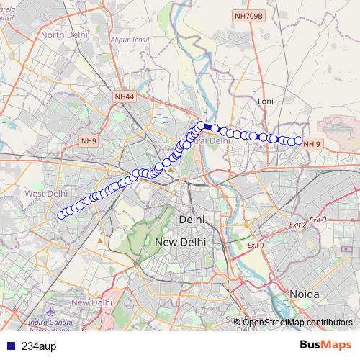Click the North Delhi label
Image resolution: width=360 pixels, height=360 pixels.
[x=63, y=34]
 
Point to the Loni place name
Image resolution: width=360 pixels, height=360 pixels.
[x=266, y=102]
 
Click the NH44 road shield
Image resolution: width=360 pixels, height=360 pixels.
[x=124, y=96]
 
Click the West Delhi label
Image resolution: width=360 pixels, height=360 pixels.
[x=47, y=194]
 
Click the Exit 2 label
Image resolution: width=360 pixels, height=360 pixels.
[x=296, y=225]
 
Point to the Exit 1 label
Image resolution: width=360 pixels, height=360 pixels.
[x=256, y=246]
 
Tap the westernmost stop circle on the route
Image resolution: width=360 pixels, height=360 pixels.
[x=61, y=214]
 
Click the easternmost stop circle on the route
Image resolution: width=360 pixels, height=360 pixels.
[x=298, y=140]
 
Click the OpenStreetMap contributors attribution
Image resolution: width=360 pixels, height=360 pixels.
[x=297, y=322]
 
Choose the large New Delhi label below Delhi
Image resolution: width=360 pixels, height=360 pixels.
[x=181, y=242]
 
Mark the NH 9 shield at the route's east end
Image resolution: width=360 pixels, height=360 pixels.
[x=312, y=144]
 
